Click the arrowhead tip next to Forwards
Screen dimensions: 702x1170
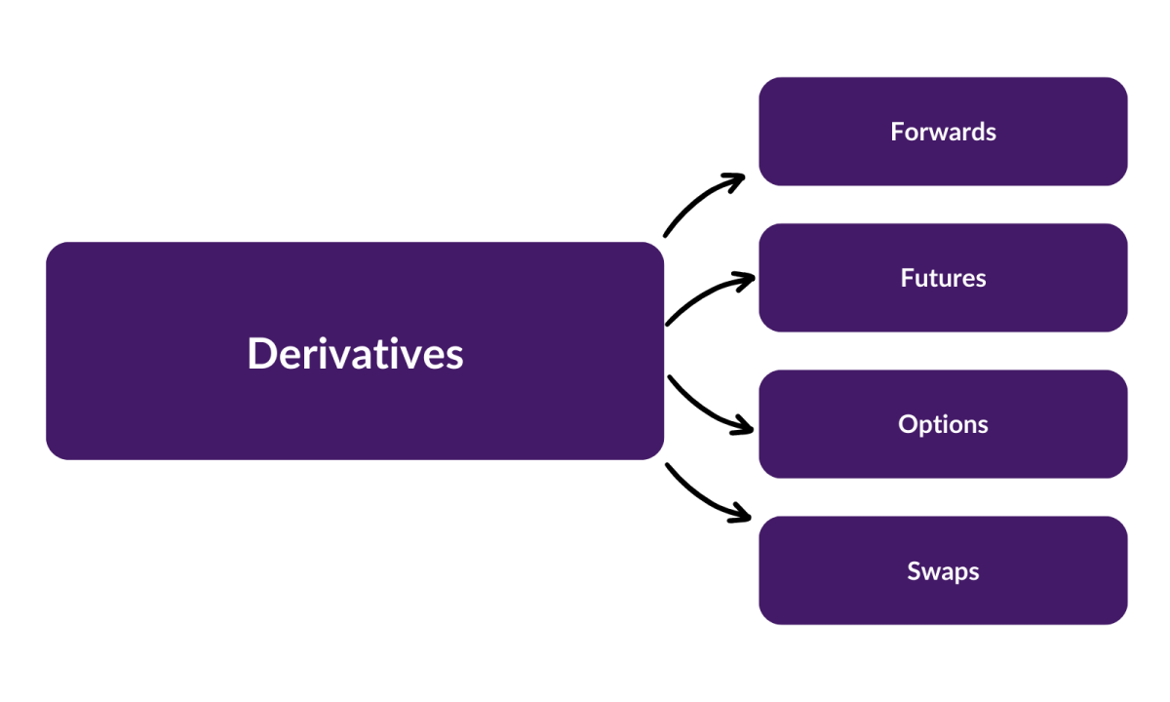tap(742, 177)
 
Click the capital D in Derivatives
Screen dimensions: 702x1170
tap(260, 353)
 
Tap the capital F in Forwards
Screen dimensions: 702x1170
tap(897, 132)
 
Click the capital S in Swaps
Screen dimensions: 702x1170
tap(915, 570)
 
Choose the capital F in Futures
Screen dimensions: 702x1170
tap(907, 278)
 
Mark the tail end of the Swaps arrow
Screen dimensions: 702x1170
tap(668, 466)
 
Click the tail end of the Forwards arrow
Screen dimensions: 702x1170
tap(666, 234)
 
